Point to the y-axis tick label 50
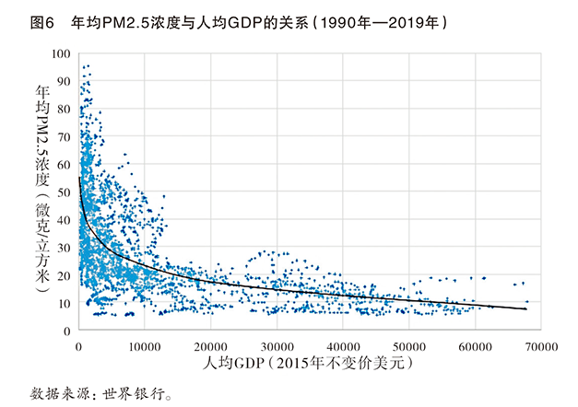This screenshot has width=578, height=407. pyautogui.click(x=65, y=192)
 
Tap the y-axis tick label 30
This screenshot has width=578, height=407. pyautogui.click(x=65, y=247)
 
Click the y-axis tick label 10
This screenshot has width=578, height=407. pyautogui.click(x=65, y=302)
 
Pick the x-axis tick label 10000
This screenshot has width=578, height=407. pyautogui.click(x=145, y=345)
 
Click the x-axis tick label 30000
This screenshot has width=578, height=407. pyautogui.click(x=277, y=345)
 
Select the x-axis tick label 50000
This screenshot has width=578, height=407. pyautogui.click(x=408, y=345)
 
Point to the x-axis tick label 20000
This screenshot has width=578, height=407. pyautogui.click(x=210, y=345)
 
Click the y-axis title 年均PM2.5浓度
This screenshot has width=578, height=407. pyautogui.click(x=41, y=138)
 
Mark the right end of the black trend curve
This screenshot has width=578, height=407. pyautogui.click(x=526, y=309)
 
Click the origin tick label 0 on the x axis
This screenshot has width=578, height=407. pyautogui.click(x=79, y=345)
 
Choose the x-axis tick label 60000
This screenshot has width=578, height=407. pyautogui.click(x=474, y=345)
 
